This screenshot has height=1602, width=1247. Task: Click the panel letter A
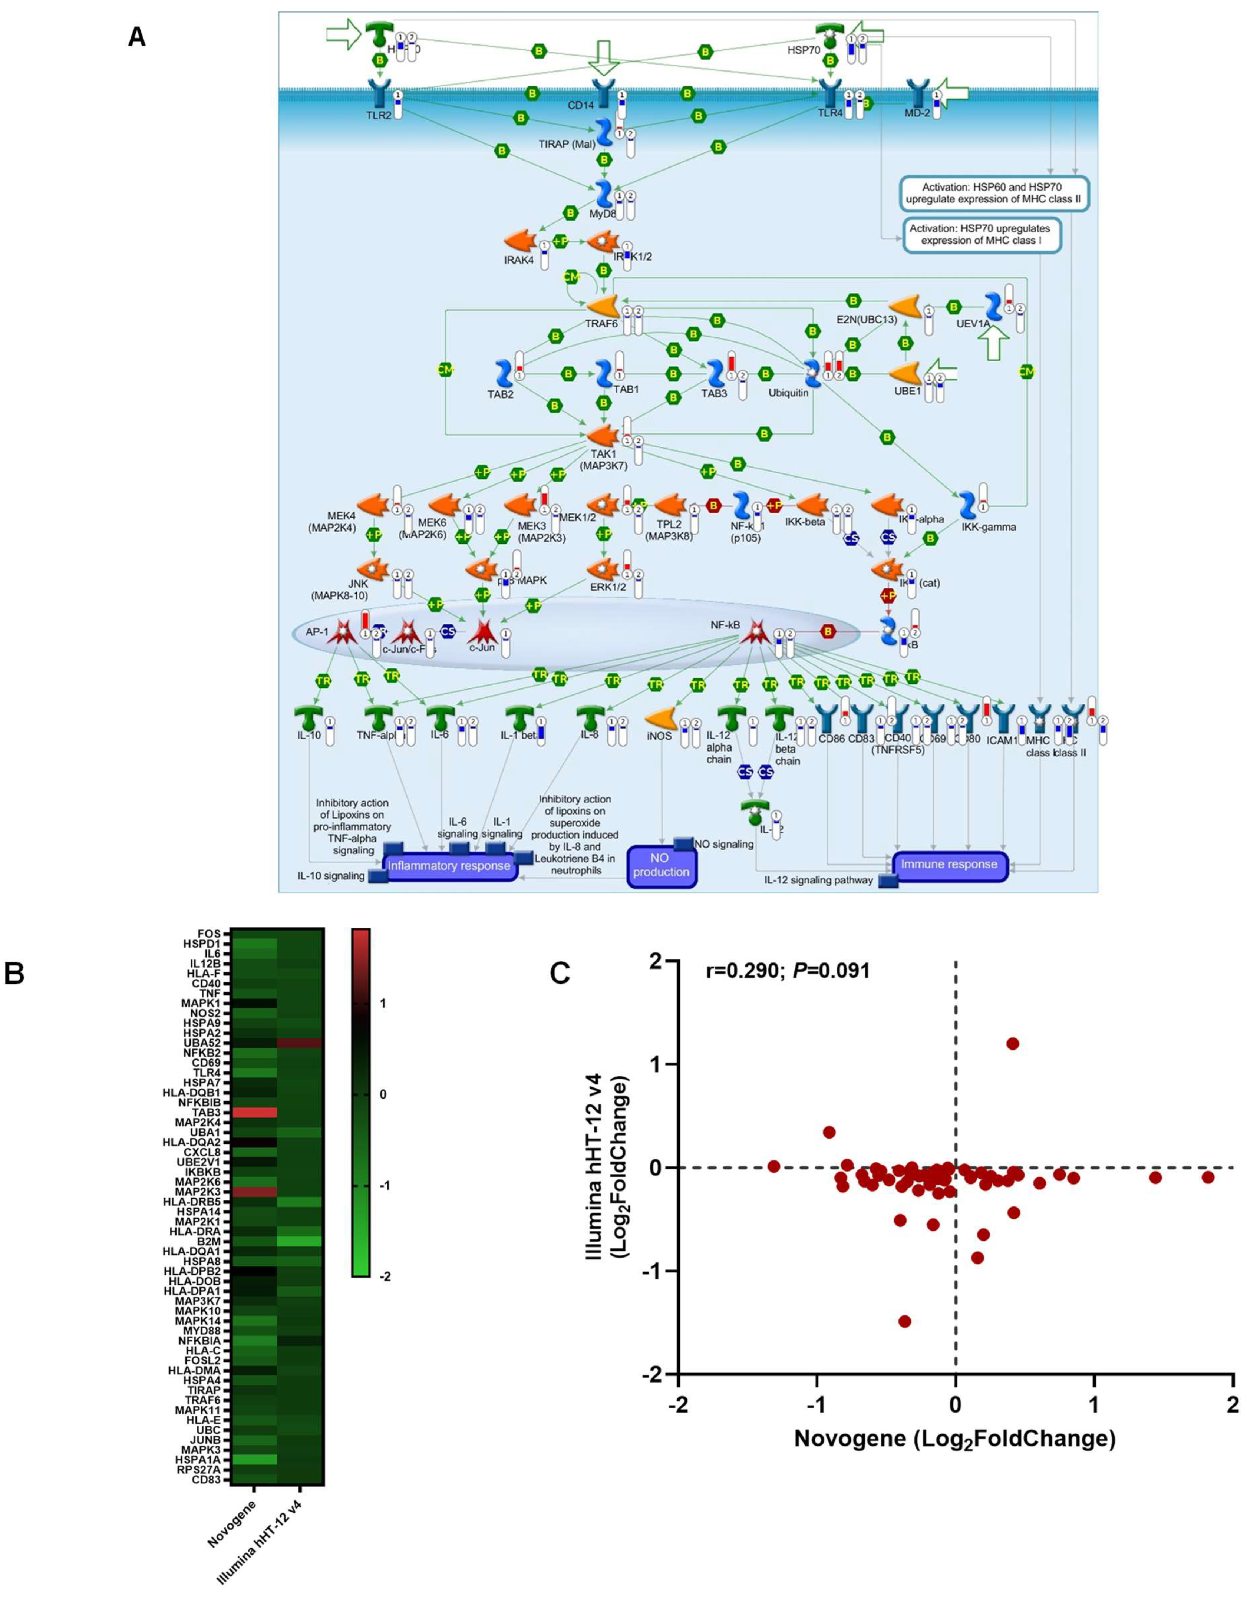point(136,36)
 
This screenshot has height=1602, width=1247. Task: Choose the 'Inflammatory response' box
point(449,866)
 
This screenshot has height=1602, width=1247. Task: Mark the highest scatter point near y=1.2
point(1013,1043)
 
